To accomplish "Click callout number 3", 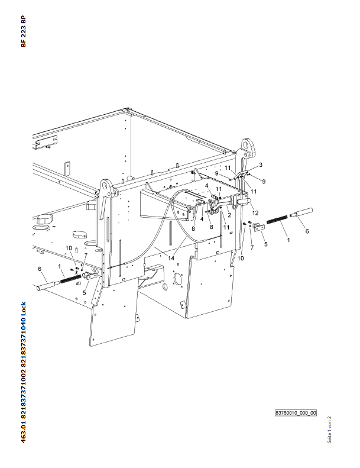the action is click(260, 164).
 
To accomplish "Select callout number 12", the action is click(255, 213).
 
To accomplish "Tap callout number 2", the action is click(229, 215).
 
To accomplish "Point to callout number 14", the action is click(171, 258).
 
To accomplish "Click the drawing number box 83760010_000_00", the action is click(296, 413).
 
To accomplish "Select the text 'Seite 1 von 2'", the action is click(329, 430).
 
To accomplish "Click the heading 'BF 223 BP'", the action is click(24, 31).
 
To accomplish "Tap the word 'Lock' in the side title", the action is click(24, 309).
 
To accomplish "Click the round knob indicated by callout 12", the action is click(245, 202).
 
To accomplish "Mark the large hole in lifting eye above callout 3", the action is click(246, 145).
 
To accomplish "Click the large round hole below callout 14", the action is click(178, 279).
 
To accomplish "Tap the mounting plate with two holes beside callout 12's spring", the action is click(259, 228).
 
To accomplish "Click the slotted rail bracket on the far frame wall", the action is click(46, 142).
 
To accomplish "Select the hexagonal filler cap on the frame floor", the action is click(44, 219).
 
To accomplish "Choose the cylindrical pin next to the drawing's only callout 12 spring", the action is click(301, 212).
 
